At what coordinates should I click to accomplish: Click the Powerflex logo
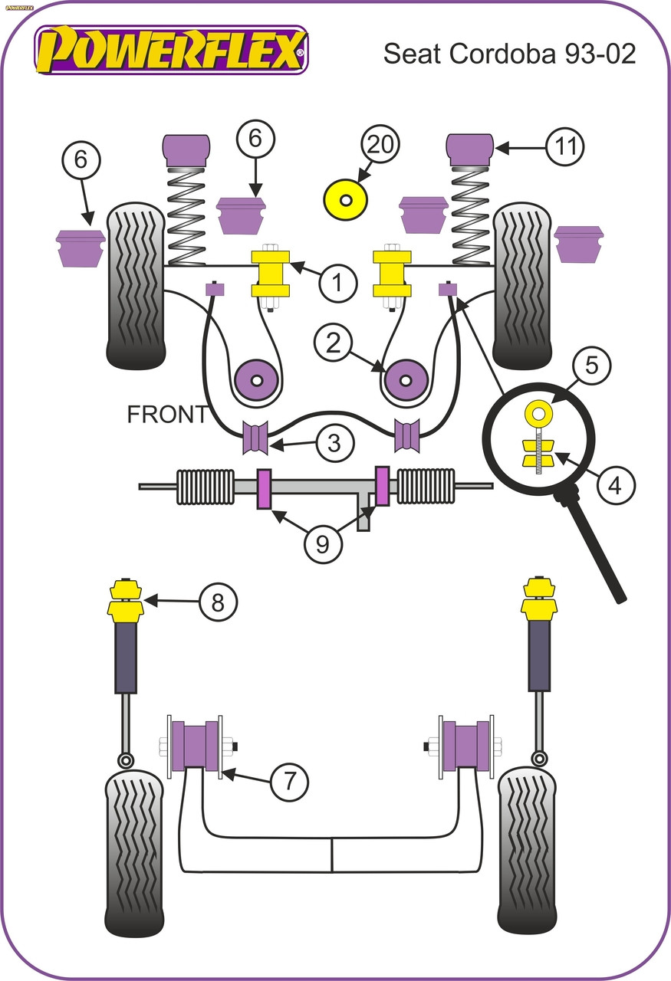pos(170,49)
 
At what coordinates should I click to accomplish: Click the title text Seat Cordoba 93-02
pos(509,54)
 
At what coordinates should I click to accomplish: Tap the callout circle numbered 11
pos(565,146)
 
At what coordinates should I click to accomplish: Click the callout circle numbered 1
pos(336,284)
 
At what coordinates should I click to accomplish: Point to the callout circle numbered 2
pos(333,343)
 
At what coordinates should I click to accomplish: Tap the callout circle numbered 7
pos(289,781)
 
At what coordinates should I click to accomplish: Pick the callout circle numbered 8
pos(218,603)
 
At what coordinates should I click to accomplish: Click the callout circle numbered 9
pos(323,543)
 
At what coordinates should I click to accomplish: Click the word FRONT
pos(166,415)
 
